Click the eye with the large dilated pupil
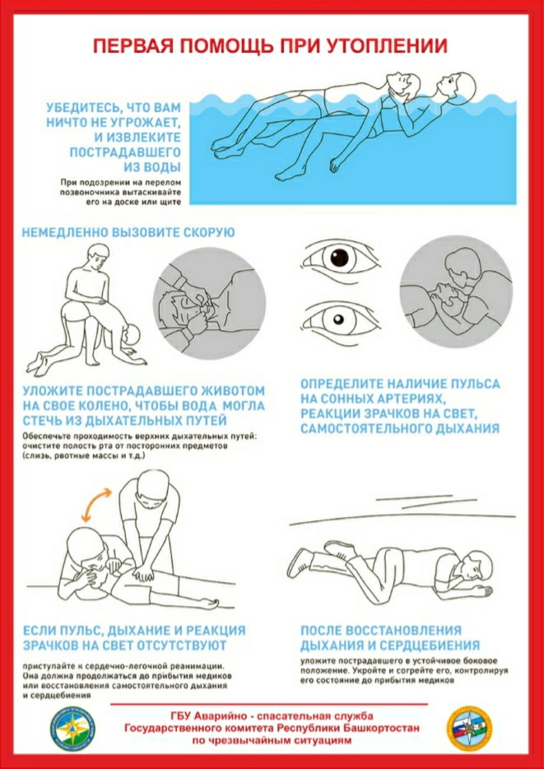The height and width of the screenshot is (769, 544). (x=340, y=258)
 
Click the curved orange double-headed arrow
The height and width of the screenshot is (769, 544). (x=96, y=503)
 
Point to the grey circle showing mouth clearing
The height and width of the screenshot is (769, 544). (x=209, y=304)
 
